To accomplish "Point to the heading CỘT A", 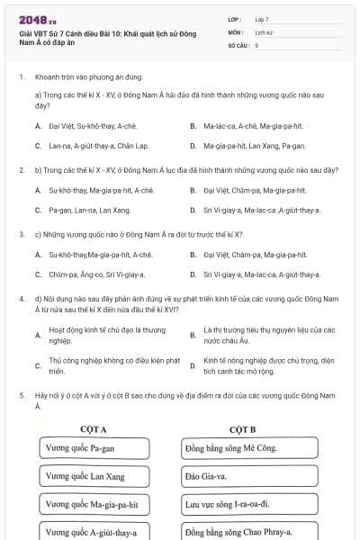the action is tap(92, 429).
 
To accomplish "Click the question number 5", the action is tap(21, 395).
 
